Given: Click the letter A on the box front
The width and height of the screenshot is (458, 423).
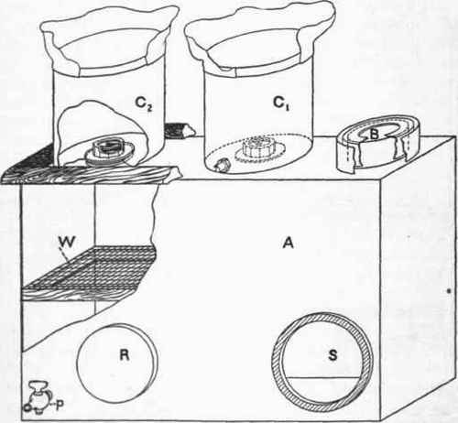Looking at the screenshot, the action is click(289, 244).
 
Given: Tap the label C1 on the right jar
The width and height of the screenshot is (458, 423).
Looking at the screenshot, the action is click(281, 103).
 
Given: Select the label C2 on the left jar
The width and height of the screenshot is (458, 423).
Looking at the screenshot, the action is click(144, 103).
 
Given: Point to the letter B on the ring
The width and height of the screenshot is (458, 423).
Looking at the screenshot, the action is click(375, 134).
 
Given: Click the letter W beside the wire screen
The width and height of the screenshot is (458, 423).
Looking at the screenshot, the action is click(67, 242).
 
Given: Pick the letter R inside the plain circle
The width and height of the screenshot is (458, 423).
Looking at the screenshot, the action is click(125, 355).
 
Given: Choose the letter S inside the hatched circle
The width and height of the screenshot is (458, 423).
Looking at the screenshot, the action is click(333, 355).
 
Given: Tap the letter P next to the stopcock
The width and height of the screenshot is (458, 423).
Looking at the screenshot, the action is click(60, 405).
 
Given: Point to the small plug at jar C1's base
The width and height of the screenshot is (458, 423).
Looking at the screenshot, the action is click(221, 165).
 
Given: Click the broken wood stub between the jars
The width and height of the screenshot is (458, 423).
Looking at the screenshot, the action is click(180, 131).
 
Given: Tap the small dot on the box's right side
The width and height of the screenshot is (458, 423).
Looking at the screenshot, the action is click(449, 291).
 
